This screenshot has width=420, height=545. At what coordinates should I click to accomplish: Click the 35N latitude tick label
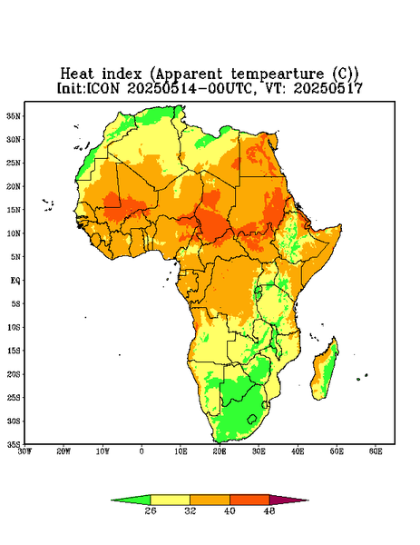click(x=14, y=116)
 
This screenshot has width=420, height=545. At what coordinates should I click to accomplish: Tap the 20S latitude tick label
click(x=14, y=374)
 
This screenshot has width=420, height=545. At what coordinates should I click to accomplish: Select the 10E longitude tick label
click(x=181, y=451)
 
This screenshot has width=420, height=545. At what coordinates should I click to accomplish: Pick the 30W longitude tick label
click(x=24, y=451)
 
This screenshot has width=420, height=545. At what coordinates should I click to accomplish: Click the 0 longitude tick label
click(x=142, y=451)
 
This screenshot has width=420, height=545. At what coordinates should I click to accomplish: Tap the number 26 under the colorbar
click(x=151, y=510)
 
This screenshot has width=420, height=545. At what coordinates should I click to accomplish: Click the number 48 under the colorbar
click(x=269, y=510)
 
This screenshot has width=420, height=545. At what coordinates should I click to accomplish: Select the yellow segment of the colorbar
click(x=170, y=500)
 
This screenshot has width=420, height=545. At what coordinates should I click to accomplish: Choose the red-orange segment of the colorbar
click(x=249, y=500)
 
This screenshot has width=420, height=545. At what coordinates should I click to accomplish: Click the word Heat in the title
click(x=77, y=74)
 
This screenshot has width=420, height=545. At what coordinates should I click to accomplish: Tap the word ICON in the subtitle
click(x=103, y=88)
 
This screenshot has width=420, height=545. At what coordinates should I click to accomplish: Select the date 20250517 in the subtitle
click(x=328, y=88)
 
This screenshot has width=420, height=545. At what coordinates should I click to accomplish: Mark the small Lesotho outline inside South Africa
click(x=252, y=419)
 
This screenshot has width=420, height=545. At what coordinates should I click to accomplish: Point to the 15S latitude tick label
click(x=14, y=351)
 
